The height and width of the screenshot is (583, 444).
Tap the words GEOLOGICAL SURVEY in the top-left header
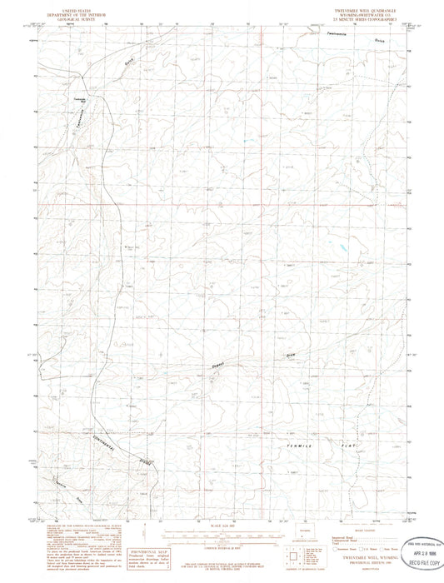(x=74, y=16)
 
